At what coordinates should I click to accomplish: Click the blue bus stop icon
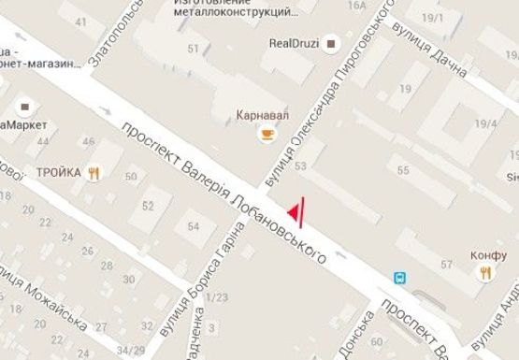pos(399,278)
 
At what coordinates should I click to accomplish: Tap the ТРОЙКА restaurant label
pos(58,172)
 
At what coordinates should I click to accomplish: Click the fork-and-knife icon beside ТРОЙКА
pos(94,173)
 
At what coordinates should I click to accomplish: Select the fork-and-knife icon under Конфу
pos(485,273)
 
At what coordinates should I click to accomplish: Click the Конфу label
pos(488,252)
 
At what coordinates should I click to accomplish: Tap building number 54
pos(194,226)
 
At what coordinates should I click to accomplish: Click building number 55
pos(404,171)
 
